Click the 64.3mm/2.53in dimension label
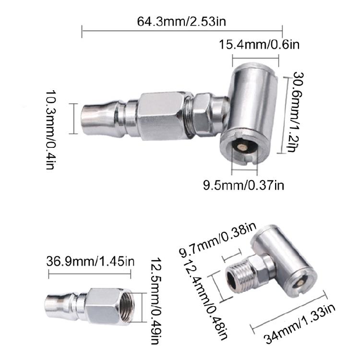(182, 22)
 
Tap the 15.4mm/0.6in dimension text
(259, 46)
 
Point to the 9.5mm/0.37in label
(244, 184)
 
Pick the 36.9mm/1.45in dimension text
(90, 261)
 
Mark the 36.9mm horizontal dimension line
(90, 275)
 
